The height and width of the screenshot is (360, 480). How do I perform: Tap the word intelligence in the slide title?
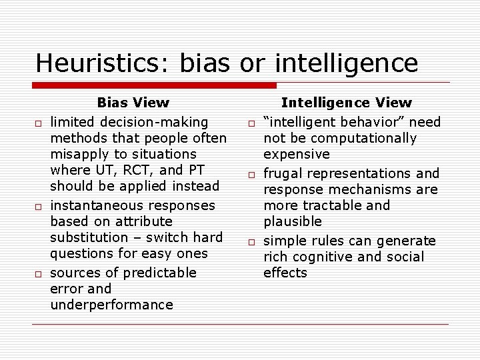point(346,63)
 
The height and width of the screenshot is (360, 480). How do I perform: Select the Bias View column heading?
point(133,103)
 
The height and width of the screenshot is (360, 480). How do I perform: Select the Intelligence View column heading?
point(347,103)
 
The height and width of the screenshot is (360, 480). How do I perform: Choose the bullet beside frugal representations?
point(253,175)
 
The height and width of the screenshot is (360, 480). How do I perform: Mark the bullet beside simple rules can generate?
point(253,242)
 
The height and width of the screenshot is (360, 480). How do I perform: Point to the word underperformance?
point(111,305)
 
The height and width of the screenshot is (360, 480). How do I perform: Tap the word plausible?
point(293,221)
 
